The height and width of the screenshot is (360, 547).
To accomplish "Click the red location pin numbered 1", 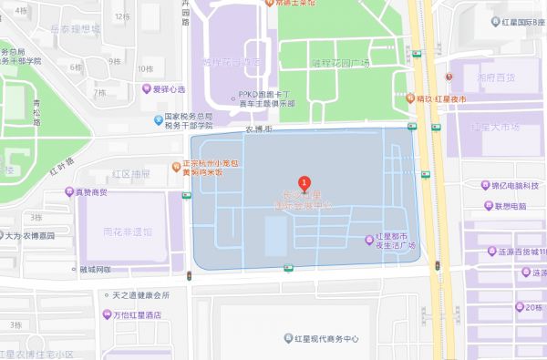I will pyautogui.click(x=304, y=182).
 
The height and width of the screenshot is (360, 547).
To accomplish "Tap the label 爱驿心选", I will pyautogui.click(x=167, y=89).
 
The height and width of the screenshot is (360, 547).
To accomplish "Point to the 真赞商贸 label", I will pyautogui.click(x=91, y=192).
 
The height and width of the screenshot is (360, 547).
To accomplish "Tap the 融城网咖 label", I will pyautogui.click(x=94, y=270).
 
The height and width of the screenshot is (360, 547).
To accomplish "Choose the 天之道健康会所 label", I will pyautogui.click(x=140, y=295).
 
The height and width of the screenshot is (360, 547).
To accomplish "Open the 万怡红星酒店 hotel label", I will pyautogui.click(x=143, y=314).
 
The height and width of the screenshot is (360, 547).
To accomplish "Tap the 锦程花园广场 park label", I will pyautogui.click(x=341, y=62).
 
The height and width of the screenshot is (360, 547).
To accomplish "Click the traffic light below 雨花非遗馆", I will pyautogui.click(x=189, y=275).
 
